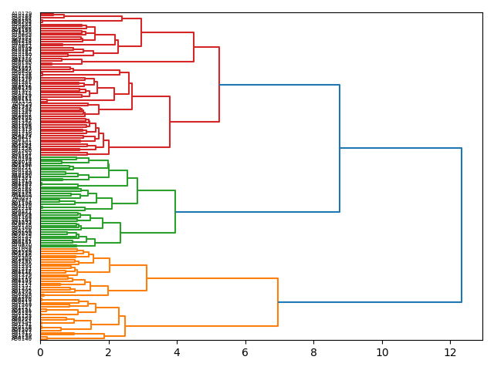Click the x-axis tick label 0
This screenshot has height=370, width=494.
pos(40,351)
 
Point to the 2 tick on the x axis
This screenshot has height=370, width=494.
pos(109,351)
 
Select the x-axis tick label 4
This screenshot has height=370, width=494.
pos(177,351)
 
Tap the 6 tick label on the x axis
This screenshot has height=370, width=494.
pos(245,351)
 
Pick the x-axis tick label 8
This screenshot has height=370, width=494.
pos(313,351)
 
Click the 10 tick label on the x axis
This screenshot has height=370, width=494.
pos(382,351)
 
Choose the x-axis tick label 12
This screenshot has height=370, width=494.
pos(450,351)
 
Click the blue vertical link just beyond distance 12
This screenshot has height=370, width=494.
pos(462,224)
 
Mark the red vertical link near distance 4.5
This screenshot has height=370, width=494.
pos(194,47)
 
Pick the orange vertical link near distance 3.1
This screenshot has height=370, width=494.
pos(147,277)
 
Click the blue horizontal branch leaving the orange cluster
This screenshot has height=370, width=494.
pos(370,302)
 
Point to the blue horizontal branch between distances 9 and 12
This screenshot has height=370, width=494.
pos(401,148)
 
